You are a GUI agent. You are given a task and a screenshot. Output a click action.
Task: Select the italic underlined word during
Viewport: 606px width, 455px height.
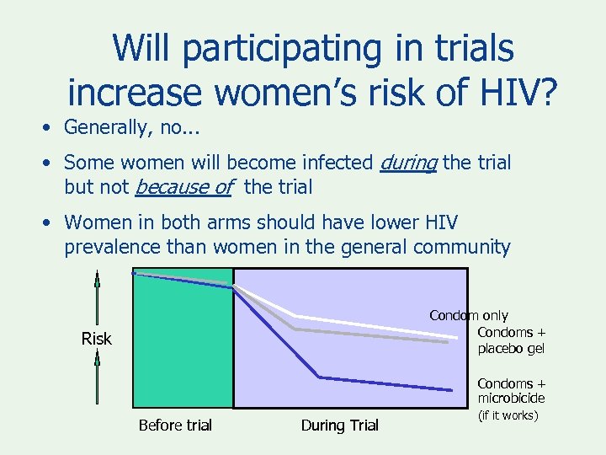pyautogui.click(x=407, y=161)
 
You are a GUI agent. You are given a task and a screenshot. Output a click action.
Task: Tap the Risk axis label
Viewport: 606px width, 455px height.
pyautogui.click(x=96, y=339)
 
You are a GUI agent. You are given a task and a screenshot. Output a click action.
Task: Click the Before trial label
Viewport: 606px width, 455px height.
pyautogui.click(x=175, y=426)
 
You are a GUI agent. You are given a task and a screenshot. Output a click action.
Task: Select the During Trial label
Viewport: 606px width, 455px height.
pyautogui.click(x=340, y=426)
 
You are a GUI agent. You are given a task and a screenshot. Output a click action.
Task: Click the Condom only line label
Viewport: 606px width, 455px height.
pyautogui.click(x=469, y=315)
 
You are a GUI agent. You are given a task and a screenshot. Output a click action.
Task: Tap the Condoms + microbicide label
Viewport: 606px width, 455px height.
pyautogui.click(x=511, y=391)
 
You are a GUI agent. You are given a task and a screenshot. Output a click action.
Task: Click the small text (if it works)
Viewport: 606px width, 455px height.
pyautogui.click(x=508, y=415)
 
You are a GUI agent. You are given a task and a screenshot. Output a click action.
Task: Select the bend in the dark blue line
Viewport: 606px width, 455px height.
pyautogui.click(x=318, y=376)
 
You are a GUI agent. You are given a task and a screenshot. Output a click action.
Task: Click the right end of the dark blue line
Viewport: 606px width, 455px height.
pyautogui.click(x=450, y=390)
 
